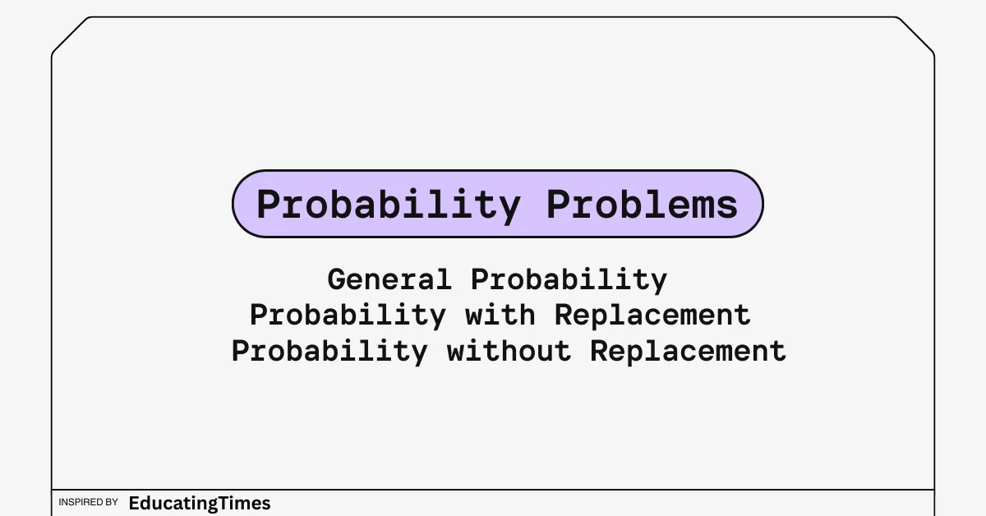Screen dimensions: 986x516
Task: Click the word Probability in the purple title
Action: [x=389, y=205]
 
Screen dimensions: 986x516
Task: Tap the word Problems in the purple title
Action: [x=643, y=205]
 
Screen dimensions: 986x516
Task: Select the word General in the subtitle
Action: [x=389, y=279]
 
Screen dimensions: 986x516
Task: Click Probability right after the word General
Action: [x=569, y=280]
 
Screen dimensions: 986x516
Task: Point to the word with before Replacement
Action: [x=500, y=315]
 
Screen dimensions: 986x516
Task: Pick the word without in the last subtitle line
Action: [x=509, y=351]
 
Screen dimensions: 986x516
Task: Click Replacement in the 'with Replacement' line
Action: [x=652, y=316]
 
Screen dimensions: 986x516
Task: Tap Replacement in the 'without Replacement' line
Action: [x=688, y=352]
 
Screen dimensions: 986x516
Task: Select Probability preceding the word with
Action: [x=348, y=316]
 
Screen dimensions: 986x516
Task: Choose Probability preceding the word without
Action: [x=329, y=352]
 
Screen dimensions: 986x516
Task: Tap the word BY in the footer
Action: [x=113, y=502]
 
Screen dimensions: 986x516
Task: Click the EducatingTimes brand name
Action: [x=200, y=504]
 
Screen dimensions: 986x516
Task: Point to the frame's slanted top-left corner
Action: [x=70, y=35]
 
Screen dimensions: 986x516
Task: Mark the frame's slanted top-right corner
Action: [x=916, y=35]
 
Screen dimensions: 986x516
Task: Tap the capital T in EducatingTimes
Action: [x=225, y=503]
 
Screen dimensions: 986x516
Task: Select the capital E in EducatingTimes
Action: [x=134, y=503]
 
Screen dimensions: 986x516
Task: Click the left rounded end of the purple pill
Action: [x=233, y=204]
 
